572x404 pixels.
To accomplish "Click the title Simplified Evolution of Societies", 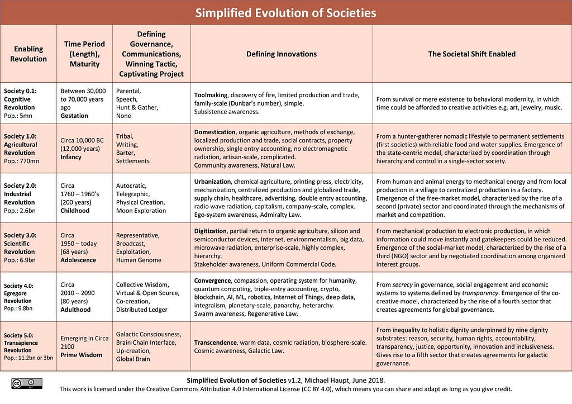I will (x=285, y=13).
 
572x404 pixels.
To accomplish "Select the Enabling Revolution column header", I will (x=28, y=54).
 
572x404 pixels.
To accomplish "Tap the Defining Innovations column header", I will (x=282, y=54).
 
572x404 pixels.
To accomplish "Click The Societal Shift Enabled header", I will (x=471, y=54).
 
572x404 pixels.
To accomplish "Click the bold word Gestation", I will (x=74, y=116).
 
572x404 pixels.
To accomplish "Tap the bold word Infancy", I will (x=71, y=157).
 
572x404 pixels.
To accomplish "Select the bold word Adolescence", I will (x=78, y=260).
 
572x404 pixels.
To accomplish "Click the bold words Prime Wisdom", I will (x=82, y=355).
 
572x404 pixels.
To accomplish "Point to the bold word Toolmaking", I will (x=212, y=95).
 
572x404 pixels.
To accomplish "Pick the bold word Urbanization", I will (x=213, y=182).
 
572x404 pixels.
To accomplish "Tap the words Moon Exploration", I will (x=141, y=211).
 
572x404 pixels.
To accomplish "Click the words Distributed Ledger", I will (x=142, y=310).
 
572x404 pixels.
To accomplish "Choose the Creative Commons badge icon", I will (x=26, y=383).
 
